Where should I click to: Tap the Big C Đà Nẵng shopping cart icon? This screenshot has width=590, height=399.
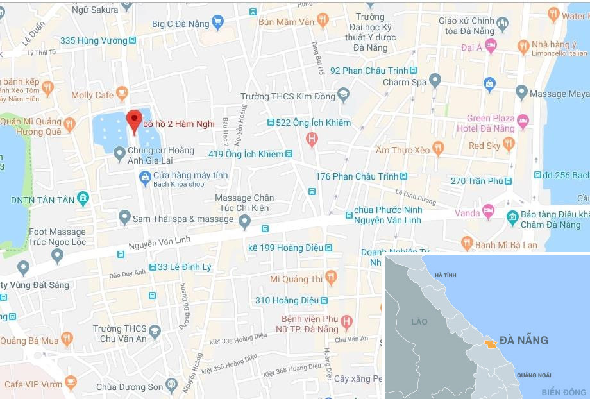[x=217, y=22]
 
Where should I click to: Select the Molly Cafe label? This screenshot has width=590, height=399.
[x=92, y=95]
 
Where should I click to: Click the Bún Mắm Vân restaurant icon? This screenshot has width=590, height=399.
[x=323, y=21]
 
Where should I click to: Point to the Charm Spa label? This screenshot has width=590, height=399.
[x=405, y=82]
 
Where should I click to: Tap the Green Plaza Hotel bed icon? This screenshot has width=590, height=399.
[x=523, y=120]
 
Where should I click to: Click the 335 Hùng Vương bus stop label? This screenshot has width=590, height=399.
[x=94, y=40]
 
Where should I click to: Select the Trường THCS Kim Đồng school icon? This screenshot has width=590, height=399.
[x=343, y=96]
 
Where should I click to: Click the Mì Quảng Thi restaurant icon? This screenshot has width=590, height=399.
[x=331, y=278]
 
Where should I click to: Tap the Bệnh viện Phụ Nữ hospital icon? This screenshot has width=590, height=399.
[x=346, y=321]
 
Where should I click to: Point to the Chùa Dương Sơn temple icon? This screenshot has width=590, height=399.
[x=171, y=386]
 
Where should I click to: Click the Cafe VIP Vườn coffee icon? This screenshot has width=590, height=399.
[x=71, y=383]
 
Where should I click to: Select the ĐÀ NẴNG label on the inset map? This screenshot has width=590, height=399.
[x=523, y=339]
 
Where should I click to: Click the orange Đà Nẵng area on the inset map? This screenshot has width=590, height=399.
[x=490, y=344]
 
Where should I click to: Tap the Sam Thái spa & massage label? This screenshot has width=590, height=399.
[x=183, y=219]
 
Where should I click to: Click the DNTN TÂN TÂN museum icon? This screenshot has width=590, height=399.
[x=83, y=198]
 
